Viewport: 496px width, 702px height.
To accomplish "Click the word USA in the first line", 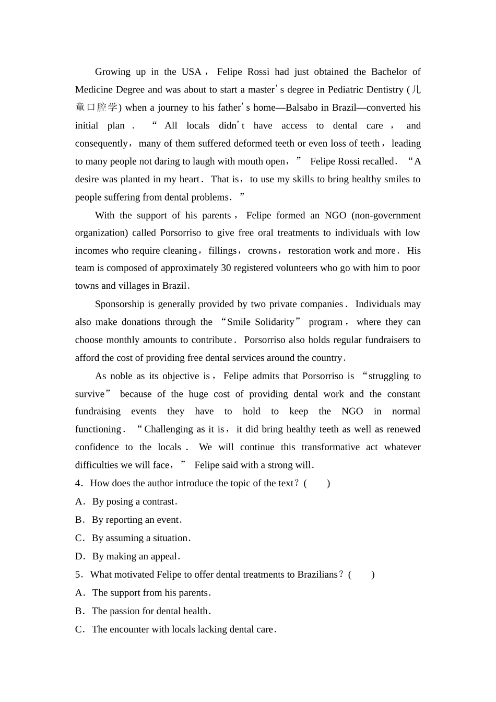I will pyautogui.click(x=191, y=72).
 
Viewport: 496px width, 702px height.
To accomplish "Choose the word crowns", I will pyautogui.click(x=262, y=251).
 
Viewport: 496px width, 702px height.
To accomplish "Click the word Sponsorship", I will pyautogui.click(x=119, y=304).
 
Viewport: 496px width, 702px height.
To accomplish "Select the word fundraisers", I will pyautogui.click(x=386, y=340).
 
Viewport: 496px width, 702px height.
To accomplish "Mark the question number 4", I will pyautogui.click(x=78, y=483).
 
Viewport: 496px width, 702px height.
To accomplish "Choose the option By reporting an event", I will pyautogui.click(x=136, y=520).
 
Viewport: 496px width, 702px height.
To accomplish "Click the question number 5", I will pyautogui.click(x=78, y=575).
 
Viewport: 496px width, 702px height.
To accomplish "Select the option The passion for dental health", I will pyautogui.click(x=150, y=611).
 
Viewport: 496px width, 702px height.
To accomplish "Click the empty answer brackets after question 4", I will pyautogui.click(x=317, y=483).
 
